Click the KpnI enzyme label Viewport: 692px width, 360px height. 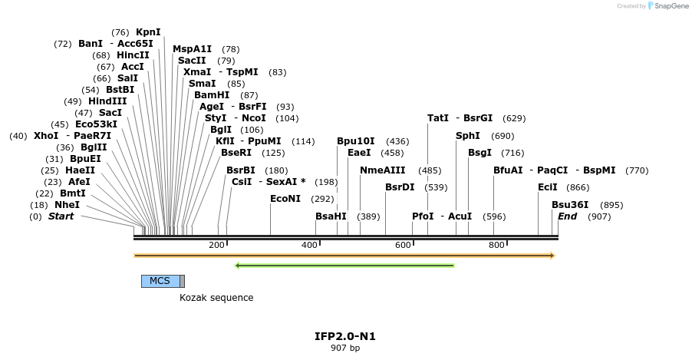tap(148, 32)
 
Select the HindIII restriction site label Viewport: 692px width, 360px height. tap(107, 101)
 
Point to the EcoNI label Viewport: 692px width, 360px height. tap(285, 198)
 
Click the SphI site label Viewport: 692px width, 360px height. tap(467, 136)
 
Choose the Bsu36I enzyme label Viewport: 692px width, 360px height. tap(570, 205)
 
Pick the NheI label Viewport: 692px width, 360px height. tap(67, 205)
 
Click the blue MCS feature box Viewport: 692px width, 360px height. tap(160, 281)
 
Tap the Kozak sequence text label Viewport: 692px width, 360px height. tap(216, 298)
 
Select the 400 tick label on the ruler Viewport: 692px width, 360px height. tap(309, 245)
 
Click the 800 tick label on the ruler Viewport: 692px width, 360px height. tap(496, 245)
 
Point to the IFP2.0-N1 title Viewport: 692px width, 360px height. tap(345, 336)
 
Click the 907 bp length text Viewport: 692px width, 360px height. tap(345, 348)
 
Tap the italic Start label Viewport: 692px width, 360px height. tap(61, 216)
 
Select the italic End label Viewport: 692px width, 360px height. tap(567, 216)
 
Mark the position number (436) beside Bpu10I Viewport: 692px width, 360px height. tap(397, 141)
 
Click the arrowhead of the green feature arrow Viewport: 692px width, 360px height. tap(238, 266)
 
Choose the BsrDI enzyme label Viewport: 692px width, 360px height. tap(400, 187)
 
